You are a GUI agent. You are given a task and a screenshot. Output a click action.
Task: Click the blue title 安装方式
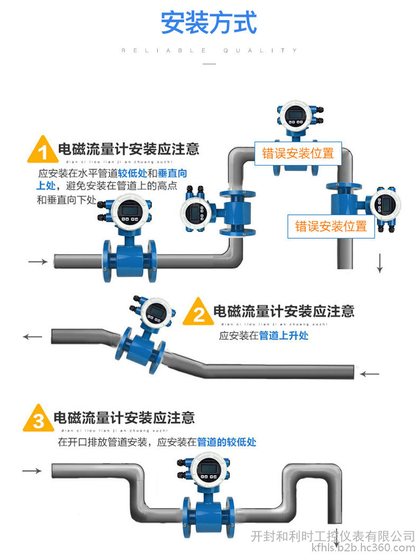coord(209,22)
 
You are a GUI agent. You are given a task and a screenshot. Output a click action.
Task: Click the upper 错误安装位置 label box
coord(298,153)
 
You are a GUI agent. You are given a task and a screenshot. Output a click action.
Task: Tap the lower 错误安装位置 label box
coord(331,226)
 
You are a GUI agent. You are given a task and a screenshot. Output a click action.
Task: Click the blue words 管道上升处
coord(283,335)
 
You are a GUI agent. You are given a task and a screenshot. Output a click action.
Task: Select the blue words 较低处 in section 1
coord(132,173)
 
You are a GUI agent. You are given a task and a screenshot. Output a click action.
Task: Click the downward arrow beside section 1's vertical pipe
coord(379,263)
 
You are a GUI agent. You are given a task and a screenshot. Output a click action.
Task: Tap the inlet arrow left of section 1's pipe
coord(37,261)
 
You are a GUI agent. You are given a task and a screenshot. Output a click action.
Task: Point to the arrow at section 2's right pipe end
coord(370,374)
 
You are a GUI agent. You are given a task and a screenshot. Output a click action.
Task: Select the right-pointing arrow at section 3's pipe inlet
coord(32,470)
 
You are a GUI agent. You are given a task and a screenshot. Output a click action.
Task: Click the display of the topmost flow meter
coord(293,114)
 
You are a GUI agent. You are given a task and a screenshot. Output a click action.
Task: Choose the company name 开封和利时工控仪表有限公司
coord(332,536)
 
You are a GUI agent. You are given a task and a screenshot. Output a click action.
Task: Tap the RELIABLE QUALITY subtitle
coord(210,51)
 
